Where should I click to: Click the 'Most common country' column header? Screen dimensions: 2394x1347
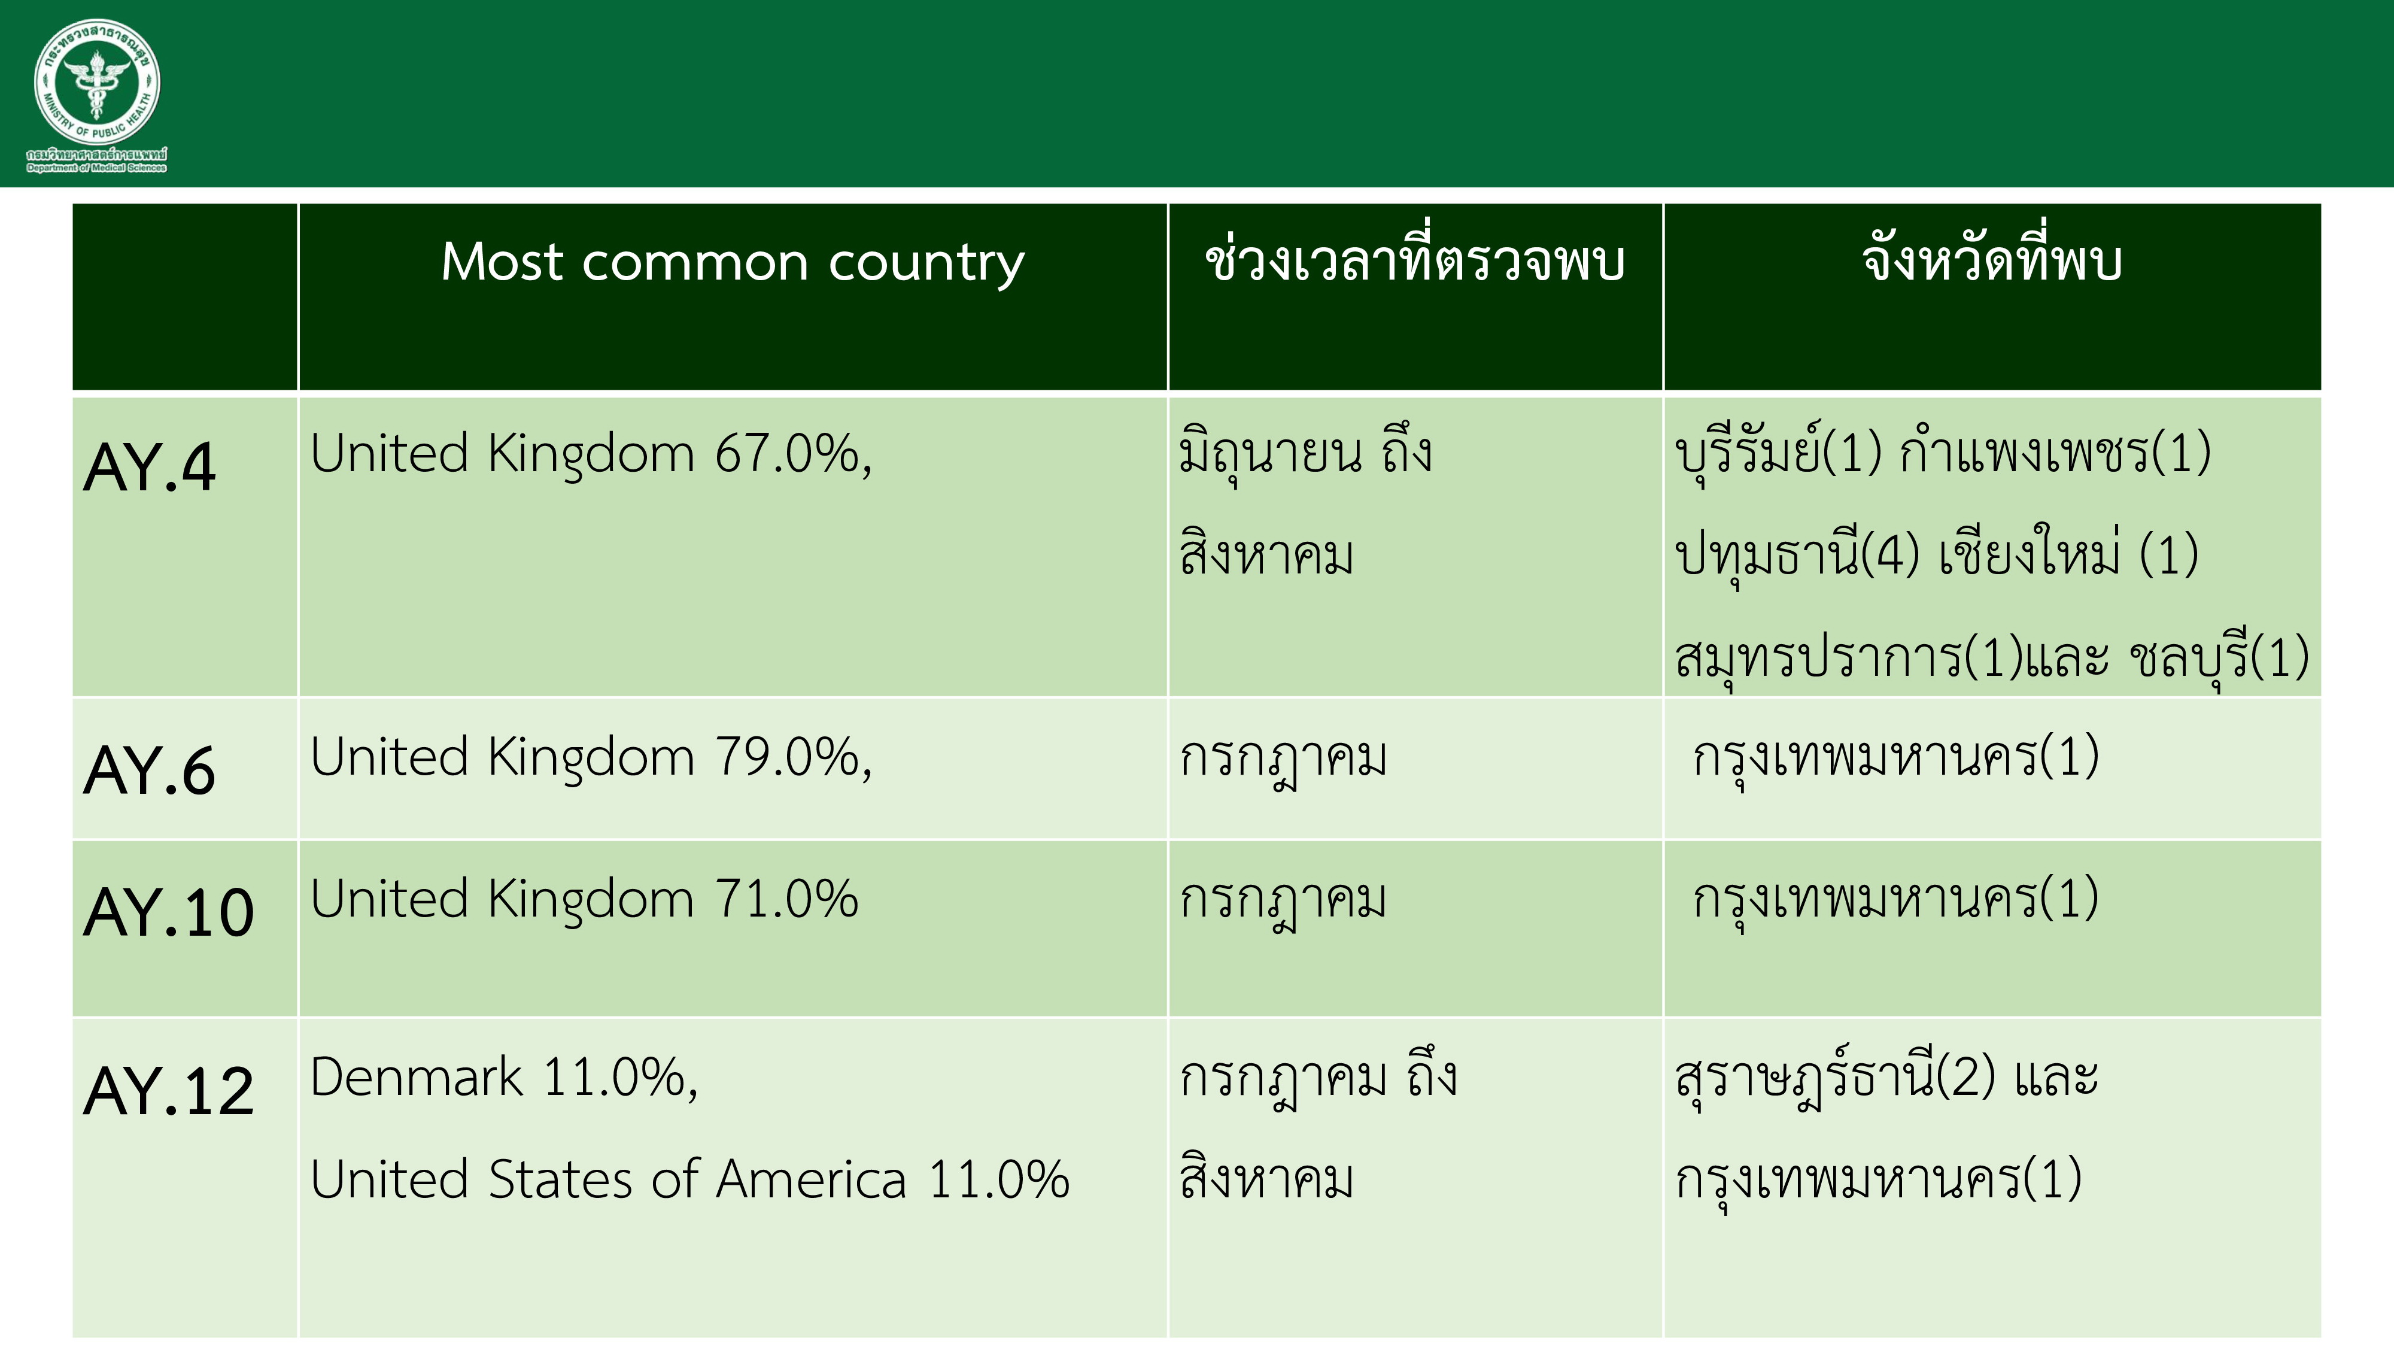(733, 263)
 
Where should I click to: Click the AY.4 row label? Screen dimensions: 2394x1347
(150, 468)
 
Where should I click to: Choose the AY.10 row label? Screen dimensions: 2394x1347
(168, 912)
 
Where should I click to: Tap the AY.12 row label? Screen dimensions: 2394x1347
(168, 1090)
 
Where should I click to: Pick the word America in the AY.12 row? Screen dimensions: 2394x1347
(812, 1179)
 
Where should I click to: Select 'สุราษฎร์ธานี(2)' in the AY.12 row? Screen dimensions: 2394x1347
(1836, 1078)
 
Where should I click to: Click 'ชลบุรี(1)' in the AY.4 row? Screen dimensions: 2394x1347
(2219, 658)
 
